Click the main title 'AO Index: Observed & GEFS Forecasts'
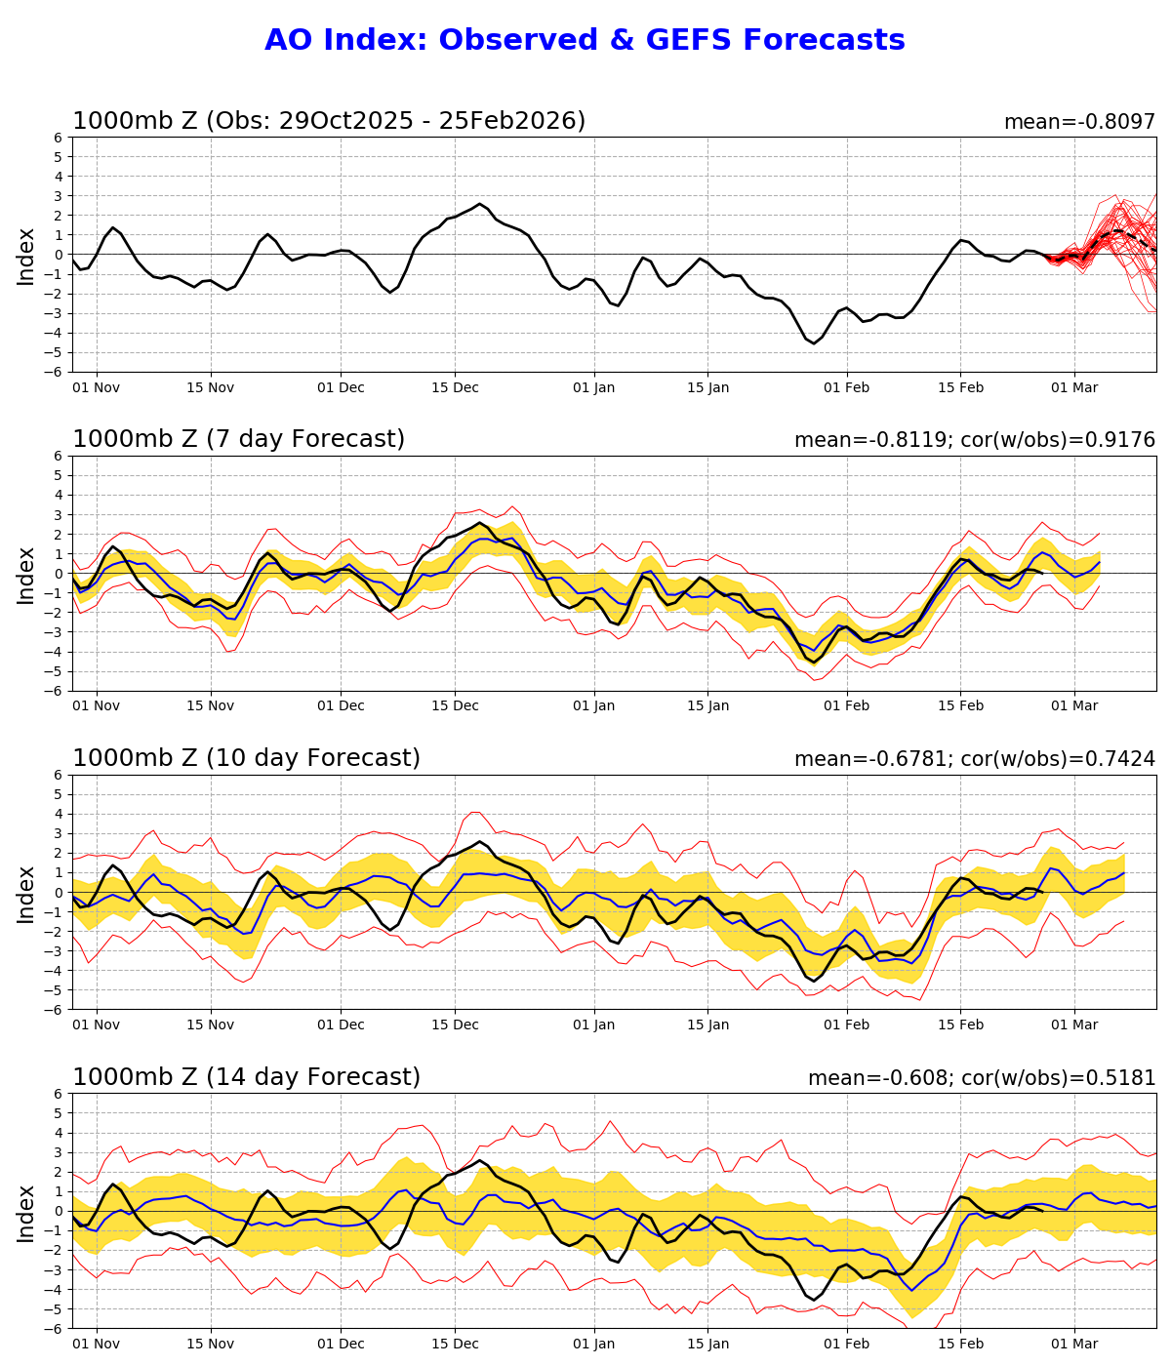pos(585,41)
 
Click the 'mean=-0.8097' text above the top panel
pos(1079,123)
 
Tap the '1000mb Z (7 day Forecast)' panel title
pos(238,440)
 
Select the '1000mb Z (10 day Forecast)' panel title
pos(246,759)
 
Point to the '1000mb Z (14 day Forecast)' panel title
pos(246,1078)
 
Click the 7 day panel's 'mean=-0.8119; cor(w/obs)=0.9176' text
pos(974,441)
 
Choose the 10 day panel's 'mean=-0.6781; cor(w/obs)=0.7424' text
pos(974,760)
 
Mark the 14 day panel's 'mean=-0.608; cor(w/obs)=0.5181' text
pos(981,1079)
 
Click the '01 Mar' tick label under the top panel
pos(1074,387)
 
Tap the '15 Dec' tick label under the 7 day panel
pos(455,706)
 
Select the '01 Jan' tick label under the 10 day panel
pos(593,1025)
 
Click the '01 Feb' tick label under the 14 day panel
pos(846,1345)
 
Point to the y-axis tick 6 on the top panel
pos(60,138)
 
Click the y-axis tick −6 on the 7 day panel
pos(56,691)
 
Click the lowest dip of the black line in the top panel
pos(814,343)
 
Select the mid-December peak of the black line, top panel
pos(479,204)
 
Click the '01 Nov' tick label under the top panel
pos(97,387)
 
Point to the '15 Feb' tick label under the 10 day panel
pos(960,1025)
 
